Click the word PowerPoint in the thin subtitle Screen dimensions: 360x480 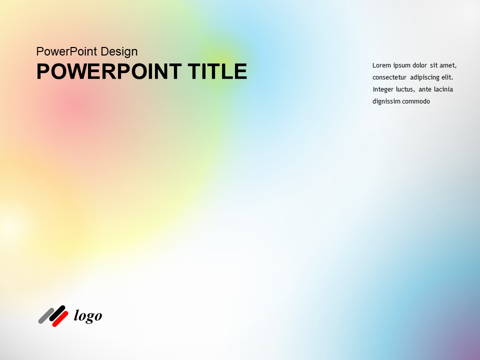click(67, 51)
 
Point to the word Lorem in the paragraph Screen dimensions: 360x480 click(381, 65)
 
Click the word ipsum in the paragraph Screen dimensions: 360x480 click(401, 65)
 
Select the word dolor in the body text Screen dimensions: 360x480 click(420, 65)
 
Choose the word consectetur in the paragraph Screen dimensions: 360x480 click(389, 77)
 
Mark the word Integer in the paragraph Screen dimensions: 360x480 click(383, 89)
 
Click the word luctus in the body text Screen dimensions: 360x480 click(405, 89)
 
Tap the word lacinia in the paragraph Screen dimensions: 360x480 click(443, 89)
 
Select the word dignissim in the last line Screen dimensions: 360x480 click(386, 101)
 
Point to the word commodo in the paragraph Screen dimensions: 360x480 click(416, 101)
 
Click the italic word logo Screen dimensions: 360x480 click(88, 316)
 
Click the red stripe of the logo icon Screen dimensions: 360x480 click(60, 318)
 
